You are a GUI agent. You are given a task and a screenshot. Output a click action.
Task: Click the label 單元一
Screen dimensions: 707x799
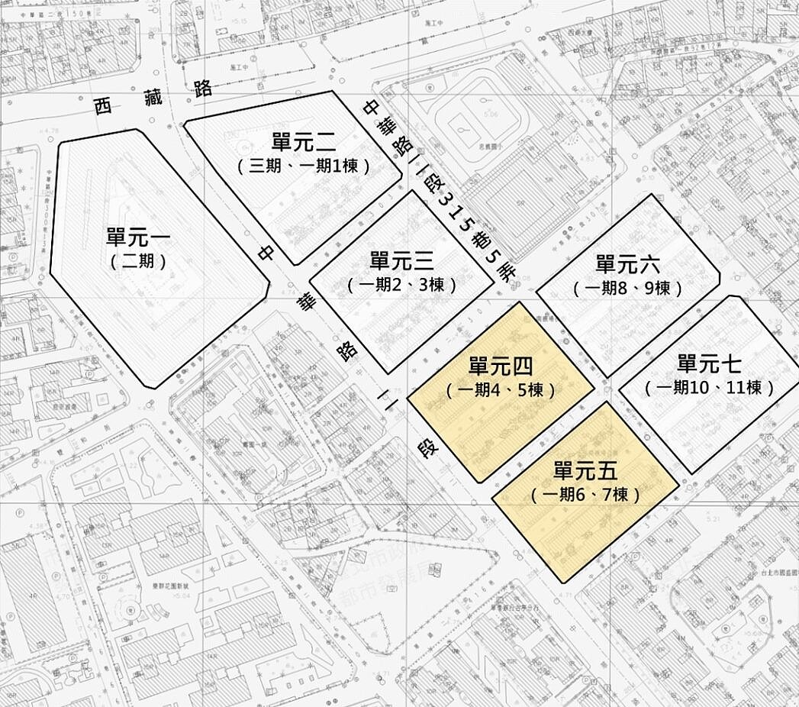click(138, 237)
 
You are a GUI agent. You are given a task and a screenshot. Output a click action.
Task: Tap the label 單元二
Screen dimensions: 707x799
click(304, 141)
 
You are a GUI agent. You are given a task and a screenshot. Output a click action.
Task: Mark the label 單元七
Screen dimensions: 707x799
click(709, 363)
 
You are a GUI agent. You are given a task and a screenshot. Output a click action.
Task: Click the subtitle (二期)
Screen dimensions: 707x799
click(138, 261)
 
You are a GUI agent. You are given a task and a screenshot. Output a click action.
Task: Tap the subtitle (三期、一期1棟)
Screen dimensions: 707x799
click(304, 165)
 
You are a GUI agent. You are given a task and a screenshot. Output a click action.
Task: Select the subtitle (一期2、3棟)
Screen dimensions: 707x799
click(402, 285)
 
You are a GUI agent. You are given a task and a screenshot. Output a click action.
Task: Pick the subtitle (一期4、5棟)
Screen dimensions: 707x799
click(501, 389)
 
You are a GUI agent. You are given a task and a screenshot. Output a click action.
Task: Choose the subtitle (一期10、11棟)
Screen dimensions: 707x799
click(710, 388)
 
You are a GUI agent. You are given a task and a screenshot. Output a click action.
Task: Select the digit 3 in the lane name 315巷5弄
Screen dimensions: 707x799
click(444, 202)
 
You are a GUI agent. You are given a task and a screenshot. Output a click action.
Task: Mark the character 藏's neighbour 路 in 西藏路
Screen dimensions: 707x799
click(202, 88)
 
